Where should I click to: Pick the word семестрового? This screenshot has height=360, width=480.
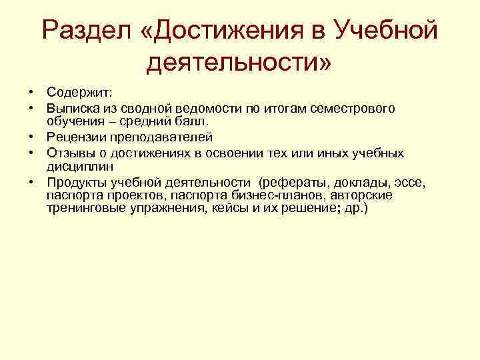pos(352,108)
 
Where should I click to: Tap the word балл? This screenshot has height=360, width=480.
pos(193,122)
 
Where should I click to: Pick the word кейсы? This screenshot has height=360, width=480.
pos(225,208)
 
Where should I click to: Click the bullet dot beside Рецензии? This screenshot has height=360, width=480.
pos(31,137)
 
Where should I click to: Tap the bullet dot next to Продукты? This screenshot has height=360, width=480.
pos(31,181)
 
